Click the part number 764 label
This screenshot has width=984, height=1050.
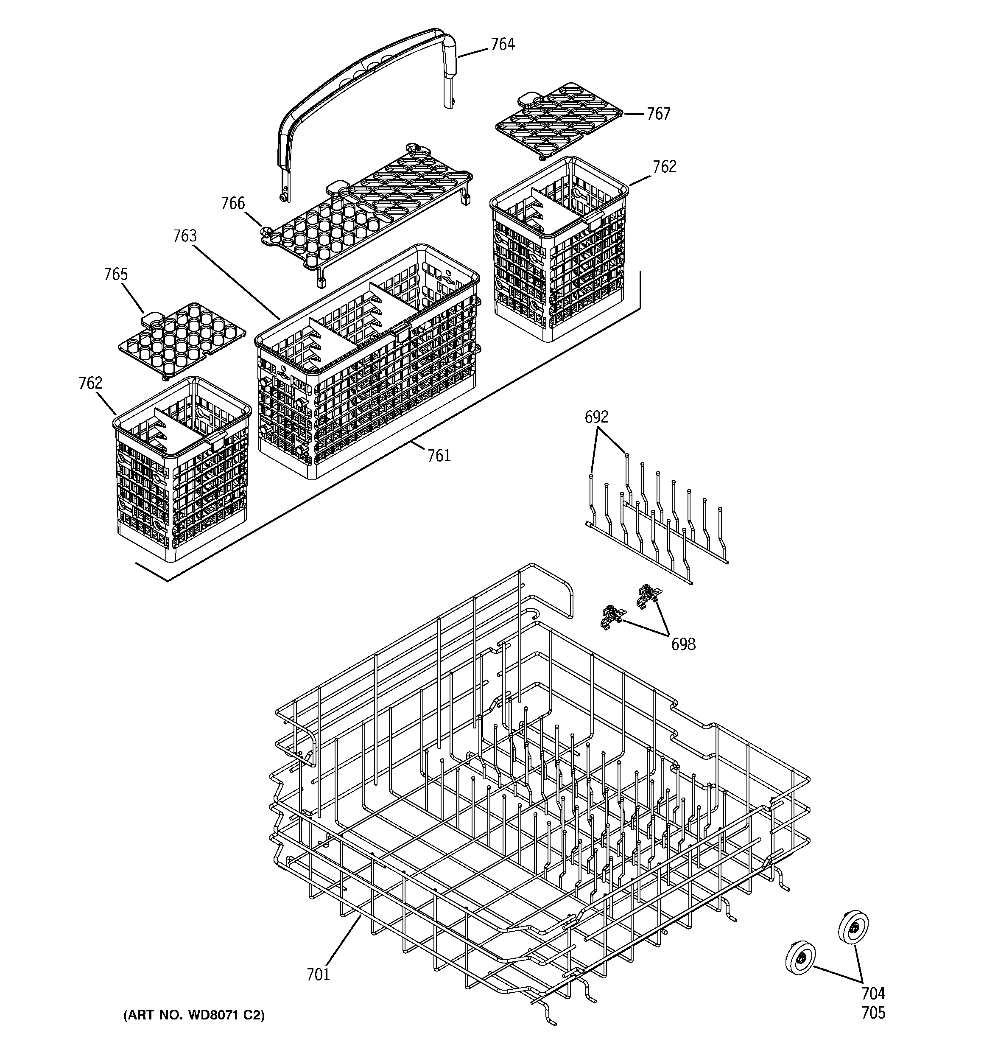[x=502, y=45]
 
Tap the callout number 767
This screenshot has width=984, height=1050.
[x=658, y=114]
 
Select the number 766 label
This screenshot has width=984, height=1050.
[x=233, y=203]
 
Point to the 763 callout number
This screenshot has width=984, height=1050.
[x=185, y=236]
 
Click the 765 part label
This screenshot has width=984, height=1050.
[x=116, y=274]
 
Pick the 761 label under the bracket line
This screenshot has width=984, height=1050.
[x=439, y=455]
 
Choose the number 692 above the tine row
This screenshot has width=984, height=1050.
[x=596, y=417]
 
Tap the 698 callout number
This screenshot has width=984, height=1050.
[x=683, y=644]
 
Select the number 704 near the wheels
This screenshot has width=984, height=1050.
[x=873, y=994]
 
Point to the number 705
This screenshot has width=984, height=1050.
[x=873, y=1013]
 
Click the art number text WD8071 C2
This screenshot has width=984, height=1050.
[x=193, y=1015]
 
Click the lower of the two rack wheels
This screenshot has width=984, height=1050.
[x=800, y=958]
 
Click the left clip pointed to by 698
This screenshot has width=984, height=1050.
[x=612, y=616]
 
